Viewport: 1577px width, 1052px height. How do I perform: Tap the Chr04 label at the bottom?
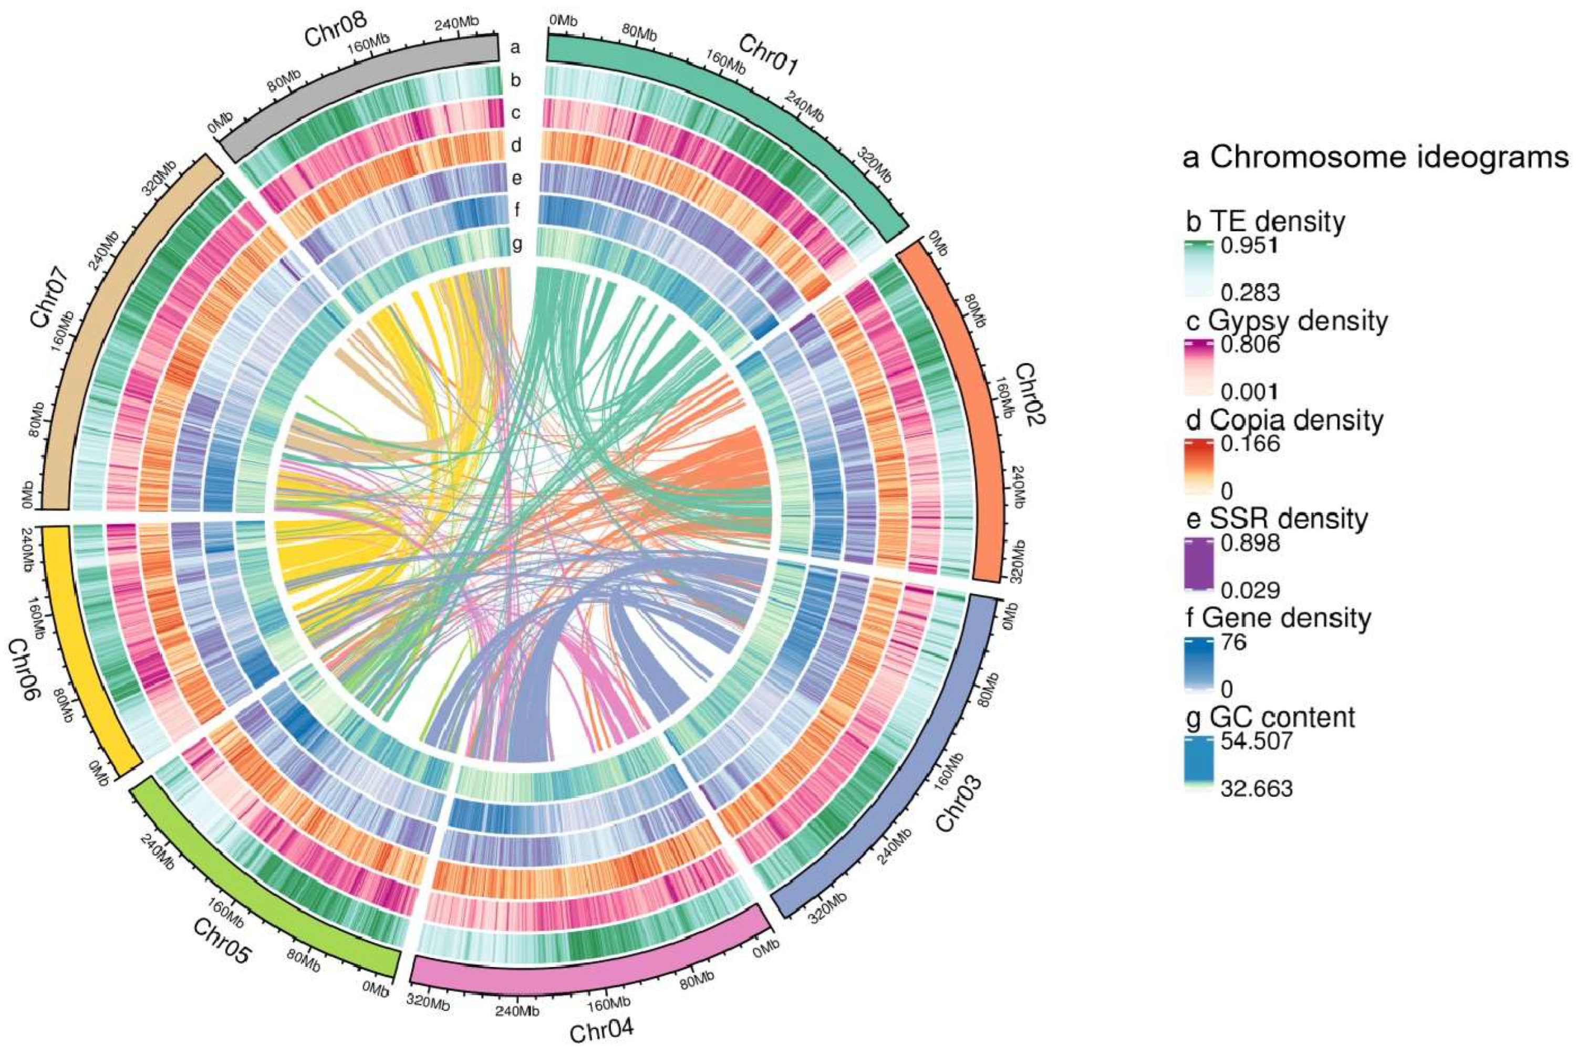pos(601,1031)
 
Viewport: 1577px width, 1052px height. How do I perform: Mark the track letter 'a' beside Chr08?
pos(515,48)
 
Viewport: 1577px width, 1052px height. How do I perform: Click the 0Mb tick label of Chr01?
pos(563,21)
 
